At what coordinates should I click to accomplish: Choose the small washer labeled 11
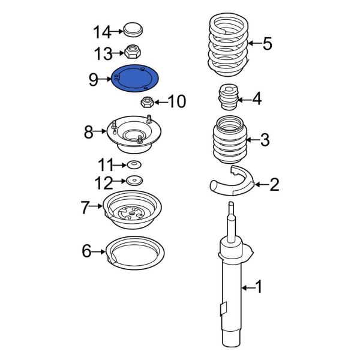click(x=133, y=165)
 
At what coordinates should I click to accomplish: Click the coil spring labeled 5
click(x=226, y=45)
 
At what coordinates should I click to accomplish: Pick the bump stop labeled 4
click(x=227, y=98)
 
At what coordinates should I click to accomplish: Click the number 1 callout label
click(x=259, y=289)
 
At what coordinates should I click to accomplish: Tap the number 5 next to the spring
click(x=267, y=43)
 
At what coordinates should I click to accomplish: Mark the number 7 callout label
click(x=85, y=208)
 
